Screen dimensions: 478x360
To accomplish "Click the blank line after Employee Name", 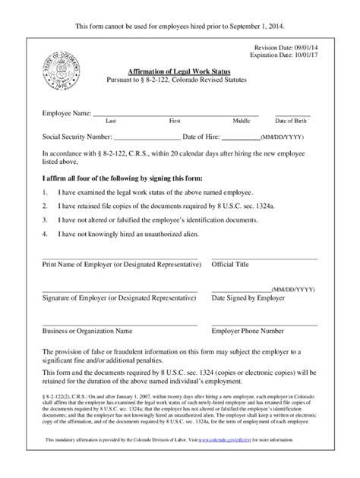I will (175, 115).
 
